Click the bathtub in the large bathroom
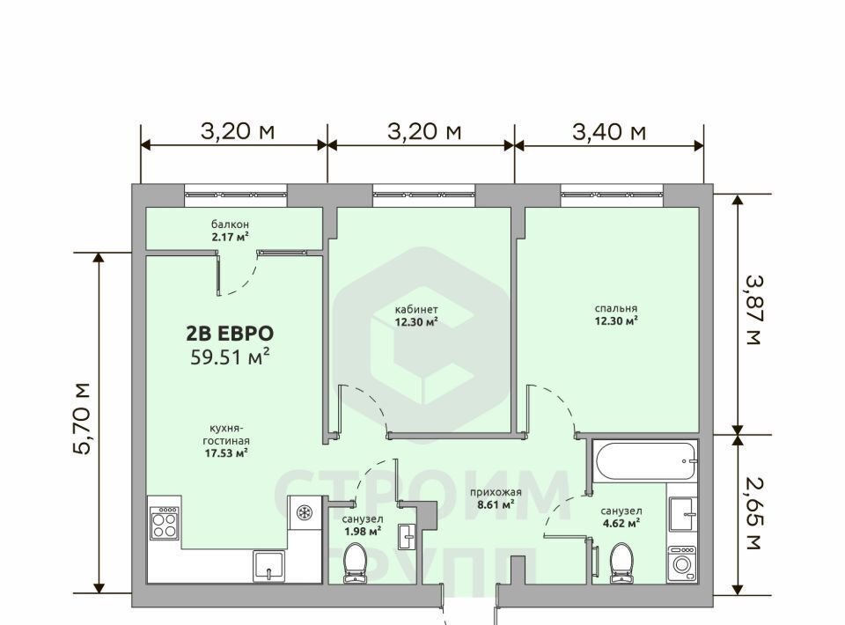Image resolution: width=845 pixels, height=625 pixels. (645, 460)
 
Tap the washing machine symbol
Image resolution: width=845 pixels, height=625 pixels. (681, 564)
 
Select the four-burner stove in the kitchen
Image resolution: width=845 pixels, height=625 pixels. (165, 523)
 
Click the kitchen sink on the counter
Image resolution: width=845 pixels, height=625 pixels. (268, 566)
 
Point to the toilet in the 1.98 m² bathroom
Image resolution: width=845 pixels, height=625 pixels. (355, 563)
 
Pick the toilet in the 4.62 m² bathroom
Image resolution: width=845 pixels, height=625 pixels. (621, 563)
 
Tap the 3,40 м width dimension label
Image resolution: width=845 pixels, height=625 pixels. (609, 131)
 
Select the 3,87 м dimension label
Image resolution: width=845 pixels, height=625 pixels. (753, 311)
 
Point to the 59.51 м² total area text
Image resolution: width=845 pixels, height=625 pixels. (230, 357)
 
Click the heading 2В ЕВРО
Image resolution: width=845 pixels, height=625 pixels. (230, 334)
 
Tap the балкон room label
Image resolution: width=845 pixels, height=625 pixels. (230, 224)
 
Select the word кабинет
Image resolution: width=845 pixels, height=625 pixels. (416, 310)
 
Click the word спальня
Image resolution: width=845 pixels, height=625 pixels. (616, 309)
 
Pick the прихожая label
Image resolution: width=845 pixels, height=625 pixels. (496, 492)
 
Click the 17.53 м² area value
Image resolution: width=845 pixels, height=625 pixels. (226, 453)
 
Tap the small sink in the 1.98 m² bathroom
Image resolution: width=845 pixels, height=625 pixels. (407, 537)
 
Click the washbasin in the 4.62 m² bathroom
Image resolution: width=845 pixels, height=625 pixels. (682, 515)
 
